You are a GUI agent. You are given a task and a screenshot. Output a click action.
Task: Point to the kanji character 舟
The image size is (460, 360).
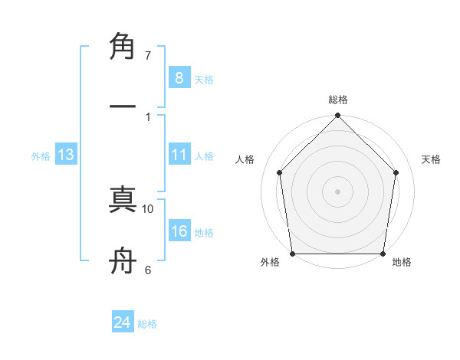pos(123,263)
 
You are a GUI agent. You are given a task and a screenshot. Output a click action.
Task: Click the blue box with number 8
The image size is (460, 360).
pos(179,77)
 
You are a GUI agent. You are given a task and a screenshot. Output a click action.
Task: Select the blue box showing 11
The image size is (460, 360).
pos(179,155)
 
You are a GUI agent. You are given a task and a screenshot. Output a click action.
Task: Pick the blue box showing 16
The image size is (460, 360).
pos(179,231)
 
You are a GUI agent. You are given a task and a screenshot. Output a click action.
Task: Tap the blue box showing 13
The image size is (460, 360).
pos(66,155)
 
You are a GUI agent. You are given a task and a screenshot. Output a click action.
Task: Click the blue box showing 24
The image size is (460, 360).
pos(122,322)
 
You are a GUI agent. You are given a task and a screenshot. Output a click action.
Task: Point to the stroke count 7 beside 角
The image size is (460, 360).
pos(148,56)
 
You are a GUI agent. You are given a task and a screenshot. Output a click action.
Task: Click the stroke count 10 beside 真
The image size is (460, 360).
pos(148,208)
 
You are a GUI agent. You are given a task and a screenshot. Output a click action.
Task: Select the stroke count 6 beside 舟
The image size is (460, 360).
pos(148,270)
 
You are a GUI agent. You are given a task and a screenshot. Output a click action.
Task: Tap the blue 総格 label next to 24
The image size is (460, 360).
pos(147,324)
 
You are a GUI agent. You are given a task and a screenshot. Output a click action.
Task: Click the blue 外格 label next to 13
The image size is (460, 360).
pos(41,156)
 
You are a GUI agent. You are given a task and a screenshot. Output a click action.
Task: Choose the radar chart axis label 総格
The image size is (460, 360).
pos(337,100)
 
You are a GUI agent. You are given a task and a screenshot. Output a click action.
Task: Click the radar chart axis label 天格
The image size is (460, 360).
pos(432,159)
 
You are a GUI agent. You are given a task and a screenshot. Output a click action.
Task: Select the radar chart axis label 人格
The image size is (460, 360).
pos(245,159)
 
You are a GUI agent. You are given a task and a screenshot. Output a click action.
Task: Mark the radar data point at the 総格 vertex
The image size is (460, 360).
pos(337,116)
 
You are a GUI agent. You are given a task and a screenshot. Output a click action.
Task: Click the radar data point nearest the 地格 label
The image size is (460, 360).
pos(383,254)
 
